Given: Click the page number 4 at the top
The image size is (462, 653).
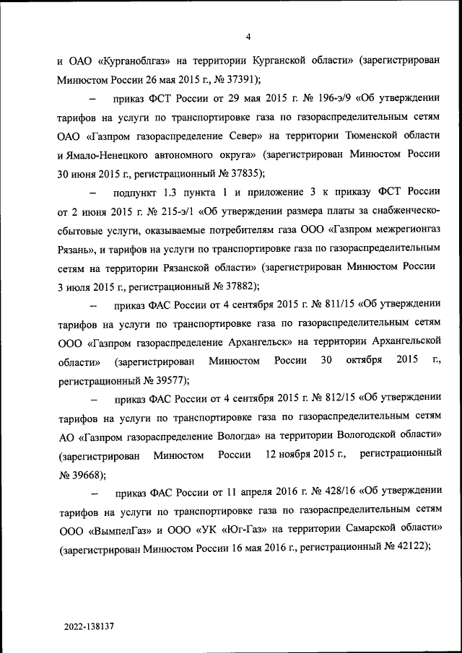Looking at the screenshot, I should point(248,38).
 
